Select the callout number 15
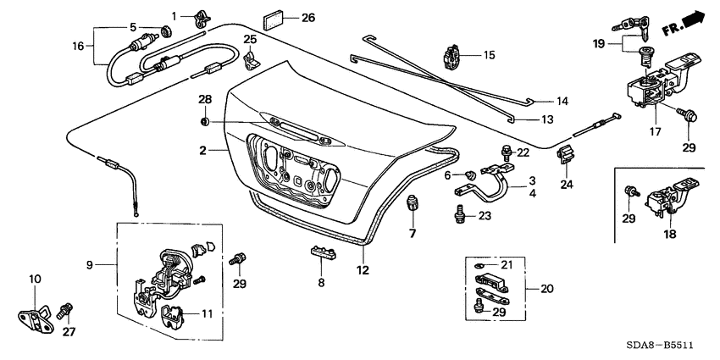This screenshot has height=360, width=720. [x=489, y=56]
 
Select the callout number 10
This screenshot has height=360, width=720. [x=35, y=279]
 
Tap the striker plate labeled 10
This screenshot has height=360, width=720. [x=34, y=313]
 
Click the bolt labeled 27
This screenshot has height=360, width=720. [x=65, y=312]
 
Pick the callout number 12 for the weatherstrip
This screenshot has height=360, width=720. [x=362, y=270]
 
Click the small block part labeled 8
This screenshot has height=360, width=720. [x=319, y=252]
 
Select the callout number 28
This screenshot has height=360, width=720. [x=203, y=101]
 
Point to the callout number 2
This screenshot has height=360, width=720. [x=203, y=151]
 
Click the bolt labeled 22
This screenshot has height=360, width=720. [x=506, y=153]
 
